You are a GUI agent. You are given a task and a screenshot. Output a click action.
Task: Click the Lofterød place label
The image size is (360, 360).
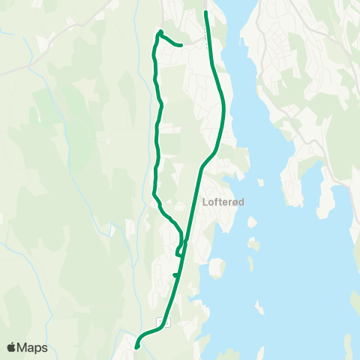[224, 202]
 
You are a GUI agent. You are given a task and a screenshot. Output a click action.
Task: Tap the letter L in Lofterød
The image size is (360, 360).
[205, 202]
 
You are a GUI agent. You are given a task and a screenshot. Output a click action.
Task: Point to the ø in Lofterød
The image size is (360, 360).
[235, 202]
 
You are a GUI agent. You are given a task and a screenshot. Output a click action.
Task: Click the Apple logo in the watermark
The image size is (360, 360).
[12, 347]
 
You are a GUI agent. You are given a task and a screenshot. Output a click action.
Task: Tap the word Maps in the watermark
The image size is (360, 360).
[32, 347]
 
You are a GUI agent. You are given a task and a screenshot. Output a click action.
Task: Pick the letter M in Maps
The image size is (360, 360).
[23, 347]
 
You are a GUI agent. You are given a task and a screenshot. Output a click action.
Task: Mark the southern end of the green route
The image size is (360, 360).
[136, 346]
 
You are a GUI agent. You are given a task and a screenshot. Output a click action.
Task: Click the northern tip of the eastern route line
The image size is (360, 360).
[206, 12]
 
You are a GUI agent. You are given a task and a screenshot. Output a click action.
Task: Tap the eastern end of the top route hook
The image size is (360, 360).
[181, 45]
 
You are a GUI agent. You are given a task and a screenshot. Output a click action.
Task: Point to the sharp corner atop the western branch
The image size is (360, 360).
[160, 31]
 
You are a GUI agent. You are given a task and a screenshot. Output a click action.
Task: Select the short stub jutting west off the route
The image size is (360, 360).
[174, 275]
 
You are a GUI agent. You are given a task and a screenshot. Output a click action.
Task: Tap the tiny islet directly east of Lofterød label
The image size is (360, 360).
[262, 182]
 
